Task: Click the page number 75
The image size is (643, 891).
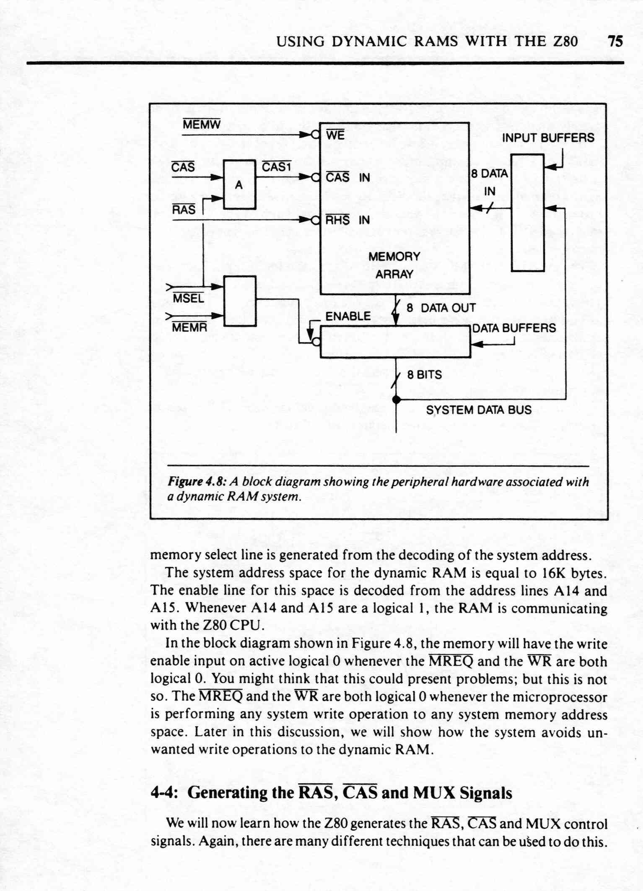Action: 615,41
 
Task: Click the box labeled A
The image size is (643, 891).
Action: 239,184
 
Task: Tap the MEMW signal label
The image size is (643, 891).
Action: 202,125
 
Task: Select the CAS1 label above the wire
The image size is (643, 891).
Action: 276,167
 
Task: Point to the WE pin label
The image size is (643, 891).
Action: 335,135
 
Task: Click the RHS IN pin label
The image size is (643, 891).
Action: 347,220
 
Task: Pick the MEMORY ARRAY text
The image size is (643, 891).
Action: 394,265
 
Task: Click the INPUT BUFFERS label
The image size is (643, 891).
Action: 548,138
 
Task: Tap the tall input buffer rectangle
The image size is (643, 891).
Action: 528,213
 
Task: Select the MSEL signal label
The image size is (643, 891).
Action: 188,298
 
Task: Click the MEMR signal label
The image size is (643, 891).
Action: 189,327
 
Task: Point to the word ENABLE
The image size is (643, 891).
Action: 348,316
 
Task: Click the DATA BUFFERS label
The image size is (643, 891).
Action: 514,328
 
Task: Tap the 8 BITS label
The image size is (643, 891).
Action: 424,374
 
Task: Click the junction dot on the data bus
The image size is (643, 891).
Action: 396,400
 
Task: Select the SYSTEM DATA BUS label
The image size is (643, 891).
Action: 479,410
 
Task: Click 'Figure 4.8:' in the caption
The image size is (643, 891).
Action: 197,482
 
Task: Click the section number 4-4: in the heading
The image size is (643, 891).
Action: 165,792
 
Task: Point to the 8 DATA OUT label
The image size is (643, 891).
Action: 441,308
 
